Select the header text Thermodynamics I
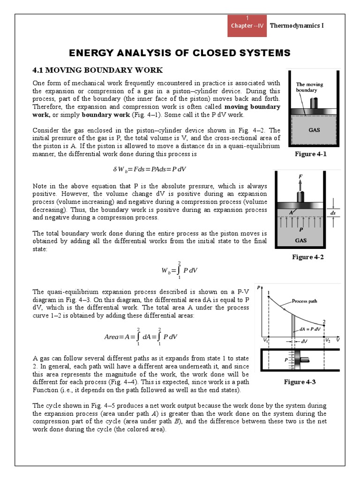[297, 25]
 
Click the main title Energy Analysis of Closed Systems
[180, 52]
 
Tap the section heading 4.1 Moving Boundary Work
[97, 70]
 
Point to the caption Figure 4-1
[310, 154]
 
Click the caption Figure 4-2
[307, 257]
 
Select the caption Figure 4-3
[300, 382]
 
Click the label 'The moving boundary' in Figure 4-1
[309, 87]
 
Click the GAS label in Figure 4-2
[301, 240]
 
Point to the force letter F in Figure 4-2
[300, 176]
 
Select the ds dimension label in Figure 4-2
[333, 213]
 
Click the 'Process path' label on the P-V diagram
[305, 301]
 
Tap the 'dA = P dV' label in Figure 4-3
[311, 329]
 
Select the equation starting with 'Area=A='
[141, 337]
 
